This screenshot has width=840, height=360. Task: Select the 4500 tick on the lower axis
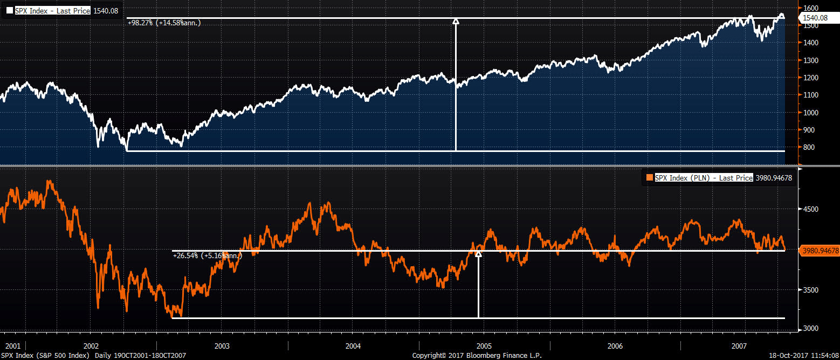811,209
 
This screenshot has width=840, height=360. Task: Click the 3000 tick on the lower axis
811,328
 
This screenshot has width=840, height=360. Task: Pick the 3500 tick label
811,290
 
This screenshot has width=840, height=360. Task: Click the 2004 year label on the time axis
353,345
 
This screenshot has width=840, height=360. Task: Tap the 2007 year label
739,345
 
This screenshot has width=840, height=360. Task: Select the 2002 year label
91,345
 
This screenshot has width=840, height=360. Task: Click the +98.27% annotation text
164,23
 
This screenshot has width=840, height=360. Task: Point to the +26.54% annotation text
207,255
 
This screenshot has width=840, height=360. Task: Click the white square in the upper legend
10,10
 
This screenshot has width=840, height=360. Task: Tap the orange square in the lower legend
649,177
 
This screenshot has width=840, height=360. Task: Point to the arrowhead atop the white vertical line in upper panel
456,21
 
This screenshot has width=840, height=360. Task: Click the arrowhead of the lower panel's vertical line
478,254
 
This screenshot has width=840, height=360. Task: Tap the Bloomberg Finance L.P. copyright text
477,356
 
